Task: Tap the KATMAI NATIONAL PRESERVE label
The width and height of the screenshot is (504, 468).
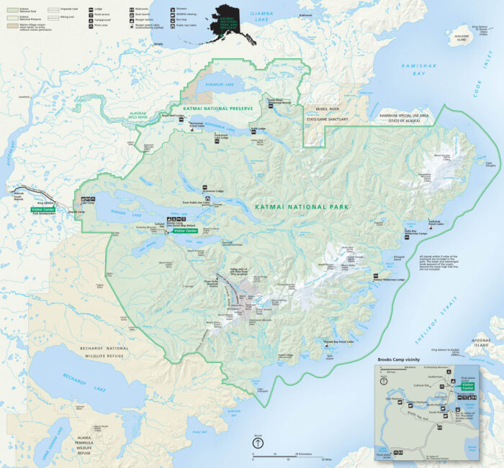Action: click(x=218, y=108)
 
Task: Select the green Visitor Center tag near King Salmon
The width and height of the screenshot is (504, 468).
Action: click(x=44, y=210)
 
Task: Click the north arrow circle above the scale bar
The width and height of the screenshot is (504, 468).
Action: click(x=257, y=444)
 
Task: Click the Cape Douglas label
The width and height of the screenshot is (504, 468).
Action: click(x=490, y=163)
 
